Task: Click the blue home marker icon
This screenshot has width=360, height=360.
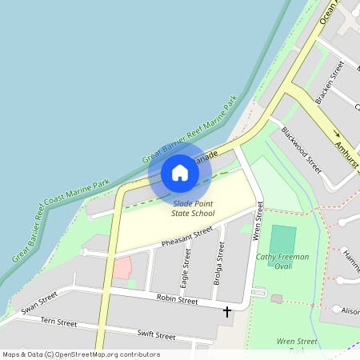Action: (180, 173)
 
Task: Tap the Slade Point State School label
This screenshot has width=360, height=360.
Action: (194, 209)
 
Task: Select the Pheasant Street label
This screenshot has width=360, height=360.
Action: (187, 236)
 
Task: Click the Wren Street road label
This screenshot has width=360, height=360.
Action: (258, 222)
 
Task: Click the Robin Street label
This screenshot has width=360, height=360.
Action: (177, 300)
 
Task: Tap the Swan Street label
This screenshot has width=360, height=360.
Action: (40, 302)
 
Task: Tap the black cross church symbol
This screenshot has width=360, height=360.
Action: (227, 310)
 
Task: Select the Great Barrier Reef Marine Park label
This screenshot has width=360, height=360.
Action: (190, 130)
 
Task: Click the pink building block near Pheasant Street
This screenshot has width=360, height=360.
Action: (122, 268)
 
